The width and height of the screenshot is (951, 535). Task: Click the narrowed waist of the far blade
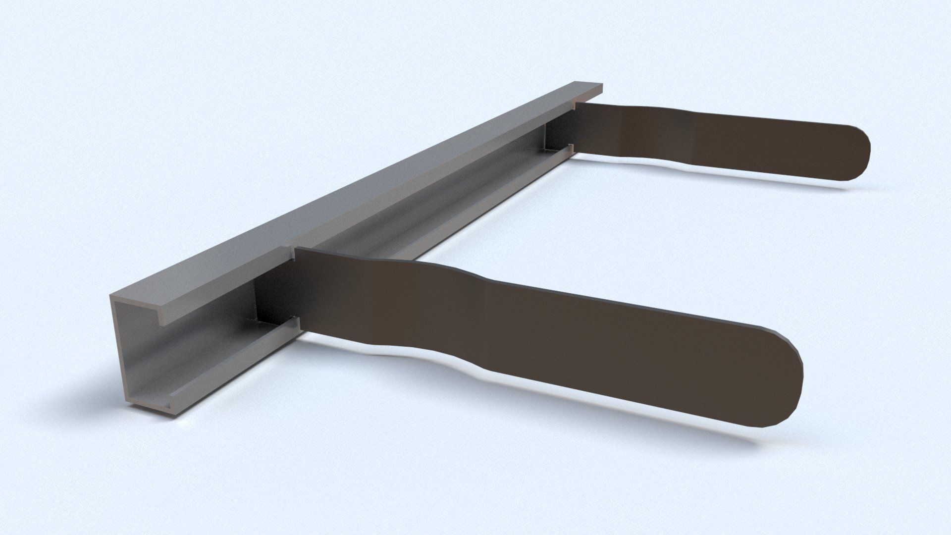(x=659, y=134)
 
